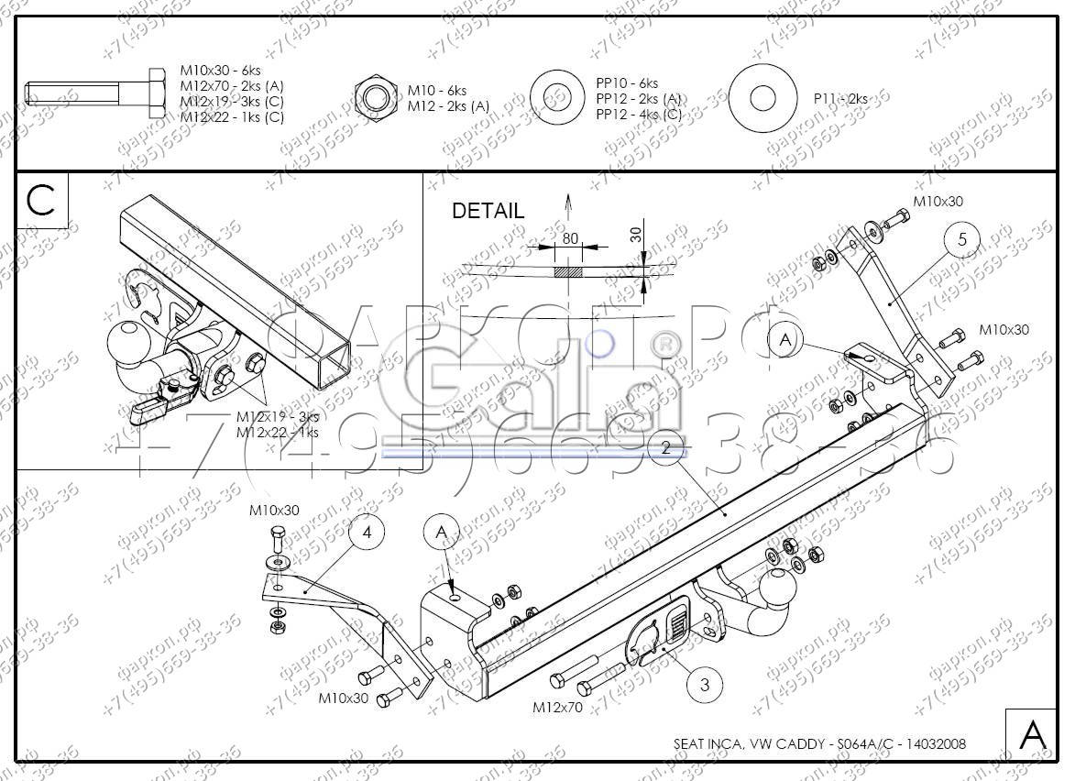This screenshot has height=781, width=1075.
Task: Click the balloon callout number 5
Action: click(961, 240)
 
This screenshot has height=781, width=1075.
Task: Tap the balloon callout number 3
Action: click(704, 684)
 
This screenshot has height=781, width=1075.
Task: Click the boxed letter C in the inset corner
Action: click(41, 200)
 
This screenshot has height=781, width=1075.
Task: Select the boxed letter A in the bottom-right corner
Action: click(1032, 734)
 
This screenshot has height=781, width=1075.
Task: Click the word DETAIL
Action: click(488, 211)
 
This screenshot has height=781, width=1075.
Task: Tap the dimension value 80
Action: click(570, 238)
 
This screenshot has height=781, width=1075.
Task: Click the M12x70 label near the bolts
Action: click(556, 707)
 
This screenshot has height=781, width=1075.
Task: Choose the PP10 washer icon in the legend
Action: click(557, 97)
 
